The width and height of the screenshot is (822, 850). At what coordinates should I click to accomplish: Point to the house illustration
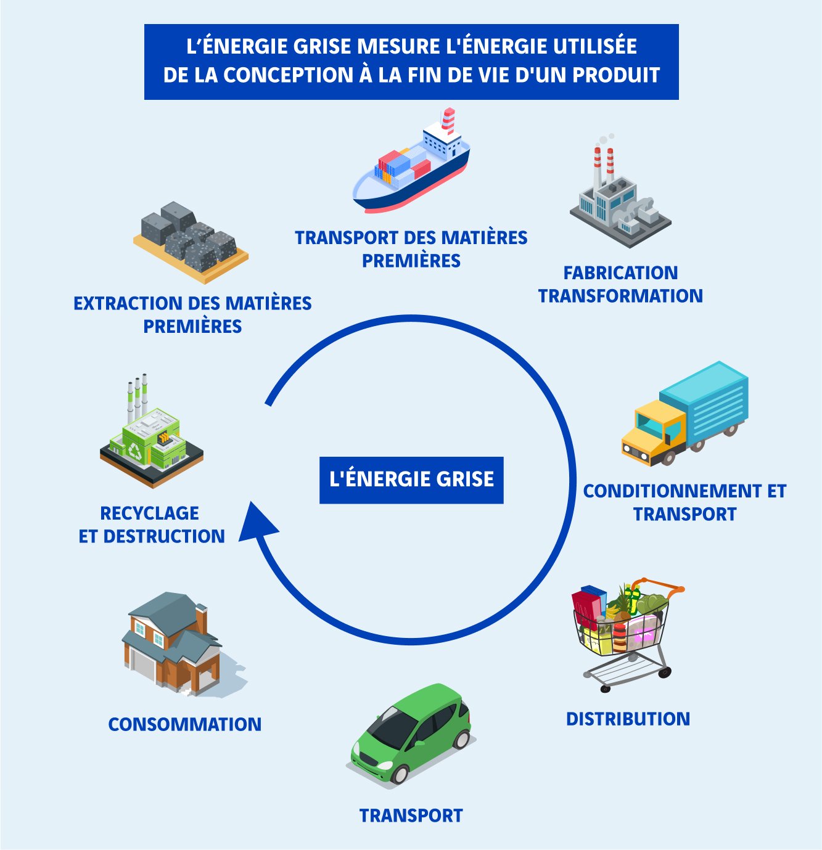pos(173,644)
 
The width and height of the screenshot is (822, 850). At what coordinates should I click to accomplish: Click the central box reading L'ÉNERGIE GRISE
pos(411,480)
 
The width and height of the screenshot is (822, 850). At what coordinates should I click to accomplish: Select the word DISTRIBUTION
pos(628,719)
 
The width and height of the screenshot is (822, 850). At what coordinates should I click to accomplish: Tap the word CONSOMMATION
pos(184,724)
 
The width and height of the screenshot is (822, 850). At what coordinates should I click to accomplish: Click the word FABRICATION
pos(620,272)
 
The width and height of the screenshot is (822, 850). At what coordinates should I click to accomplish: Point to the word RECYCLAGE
pos(149,513)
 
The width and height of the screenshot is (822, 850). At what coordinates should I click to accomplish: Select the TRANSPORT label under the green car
pos(411,815)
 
